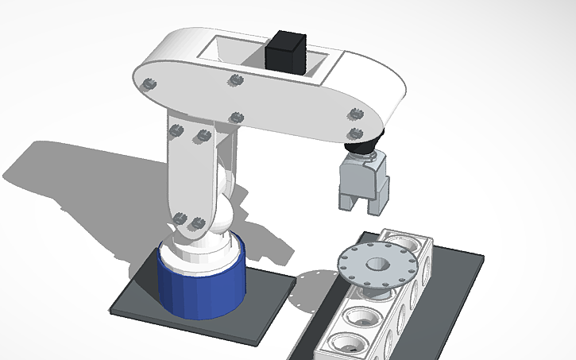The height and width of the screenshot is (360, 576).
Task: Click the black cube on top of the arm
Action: tap(286, 52)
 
